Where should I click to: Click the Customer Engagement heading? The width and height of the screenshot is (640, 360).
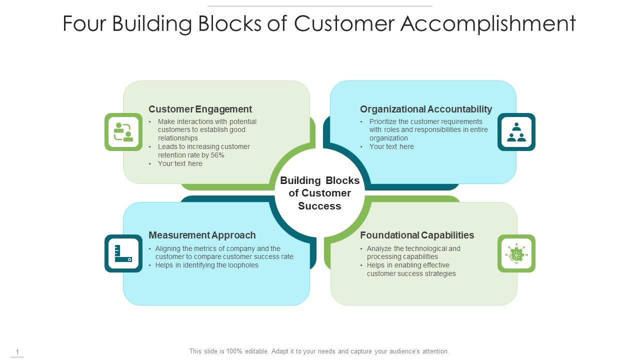pyautogui.click(x=200, y=109)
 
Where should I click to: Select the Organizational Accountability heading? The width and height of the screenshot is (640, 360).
pyautogui.click(x=426, y=109)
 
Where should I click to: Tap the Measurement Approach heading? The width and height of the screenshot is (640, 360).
pyautogui.click(x=202, y=235)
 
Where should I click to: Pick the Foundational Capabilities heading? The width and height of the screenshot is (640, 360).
pyautogui.click(x=417, y=235)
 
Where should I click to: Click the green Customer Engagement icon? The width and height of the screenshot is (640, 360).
pyautogui.click(x=123, y=132)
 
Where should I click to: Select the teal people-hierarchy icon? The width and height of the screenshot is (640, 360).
pyautogui.click(x=516, y=132)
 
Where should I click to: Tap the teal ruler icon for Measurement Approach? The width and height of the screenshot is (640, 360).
pyautogui.click(x=123, y=253)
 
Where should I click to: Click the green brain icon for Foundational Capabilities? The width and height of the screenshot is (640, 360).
pyautogui.click(x=516, y=253)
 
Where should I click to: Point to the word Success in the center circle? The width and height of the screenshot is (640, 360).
pyautogui.click(x=319, y=206)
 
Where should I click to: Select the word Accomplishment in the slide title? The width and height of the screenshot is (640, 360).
pyautogui.click(x=488, y=24)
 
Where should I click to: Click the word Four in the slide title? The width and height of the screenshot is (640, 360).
pyautogui.click(x=84, y=24)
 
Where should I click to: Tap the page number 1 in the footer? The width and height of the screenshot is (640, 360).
pyautogui.click(x=17, y=352)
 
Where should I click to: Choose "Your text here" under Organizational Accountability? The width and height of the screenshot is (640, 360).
pyautogui.click(x=391, y=146)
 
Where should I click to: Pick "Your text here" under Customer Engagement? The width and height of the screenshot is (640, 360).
pyautogui.click(x=180, y=163)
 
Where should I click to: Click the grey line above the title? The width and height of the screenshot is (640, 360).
pyautogui.click(x=319, y=6)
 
